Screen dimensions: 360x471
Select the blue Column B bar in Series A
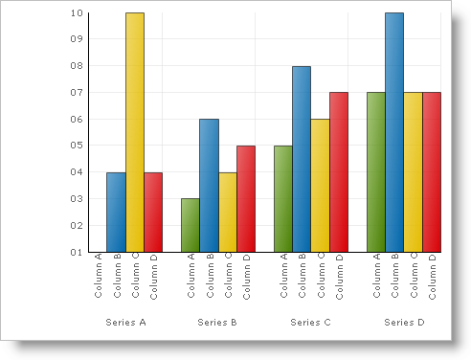tap(116, 212)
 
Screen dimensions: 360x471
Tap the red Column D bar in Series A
tap(153, 212)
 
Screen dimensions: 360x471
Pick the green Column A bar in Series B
tap(191, 225)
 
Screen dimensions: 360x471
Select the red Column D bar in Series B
tap(246, 198)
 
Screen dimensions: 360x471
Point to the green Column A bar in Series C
tap(283, 198)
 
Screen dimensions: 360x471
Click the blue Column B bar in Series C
tap(302, 159)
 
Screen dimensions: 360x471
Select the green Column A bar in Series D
tap(376, 172)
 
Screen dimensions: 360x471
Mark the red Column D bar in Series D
tap(432, 172)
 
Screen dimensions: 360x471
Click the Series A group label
tap(125, 323)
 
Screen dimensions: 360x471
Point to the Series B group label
tap(217, 323)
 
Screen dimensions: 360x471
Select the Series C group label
tap(310, 323)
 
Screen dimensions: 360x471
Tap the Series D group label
tap(404, 323)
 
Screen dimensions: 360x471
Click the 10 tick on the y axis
tap(77, 13)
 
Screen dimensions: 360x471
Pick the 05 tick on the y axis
tap(77, 146)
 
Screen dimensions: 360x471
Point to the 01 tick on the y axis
tap(77, 252)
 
